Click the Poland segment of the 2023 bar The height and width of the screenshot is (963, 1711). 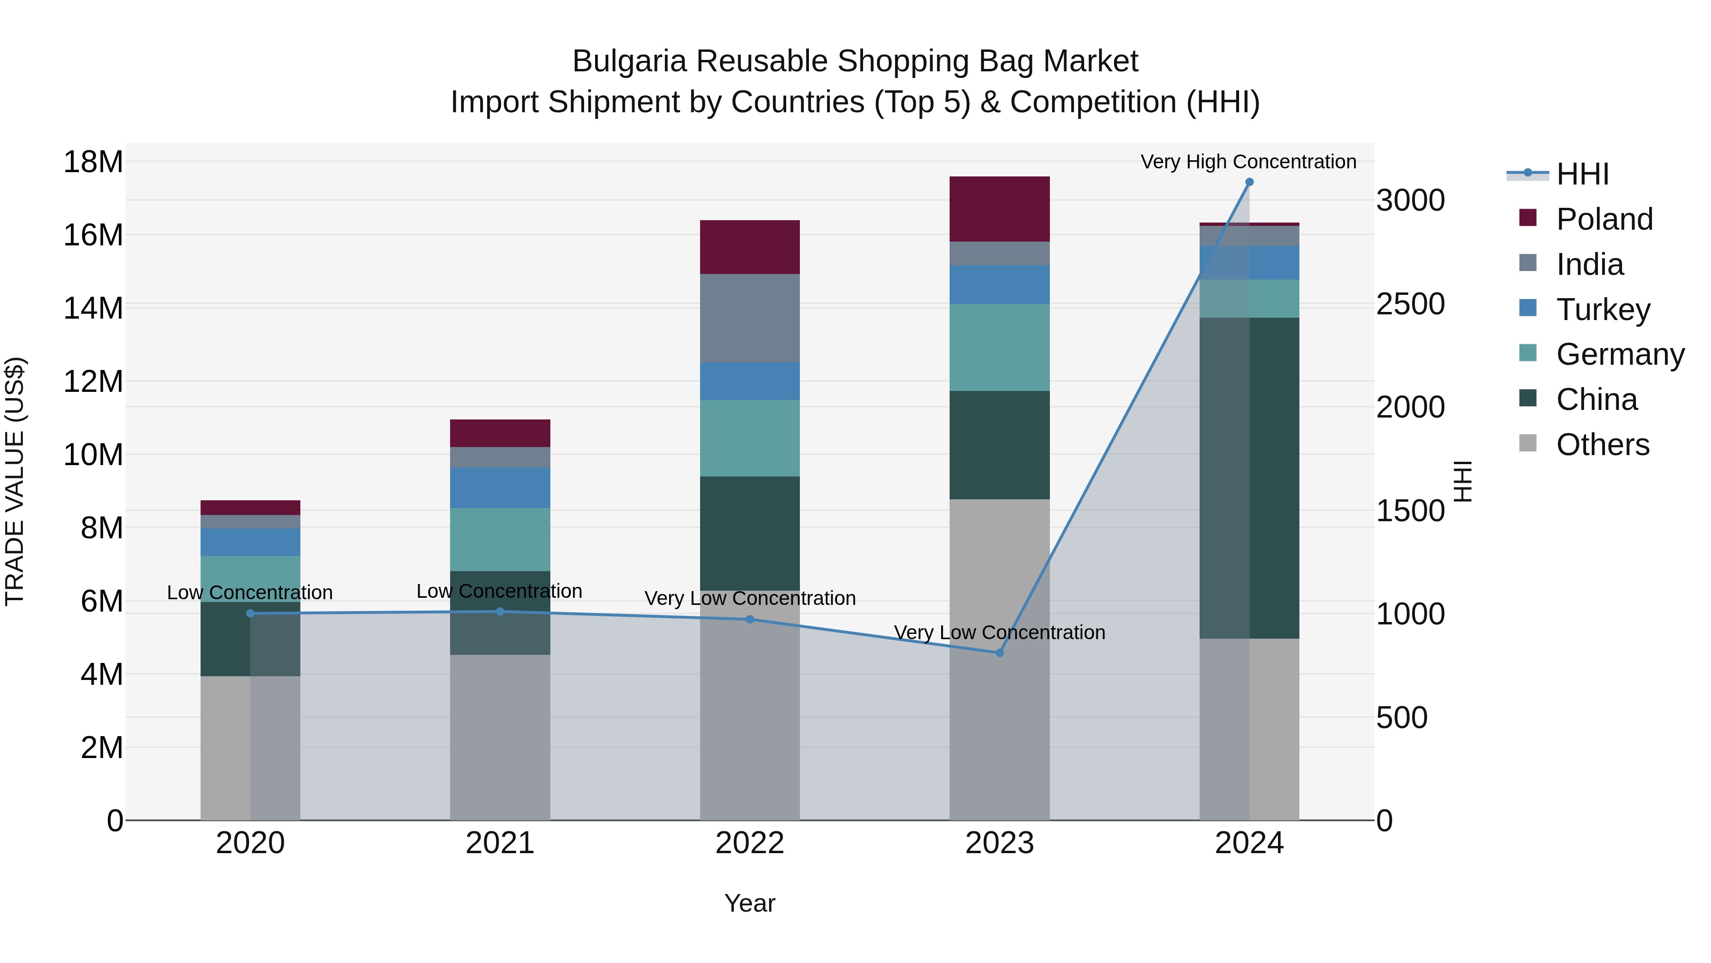[999, 209]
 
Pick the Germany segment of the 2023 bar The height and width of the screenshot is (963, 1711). [999, 347]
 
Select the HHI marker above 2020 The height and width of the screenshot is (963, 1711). [250, 613]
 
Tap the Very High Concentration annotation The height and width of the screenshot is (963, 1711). [1248, 162]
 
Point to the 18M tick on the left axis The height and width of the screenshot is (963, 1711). [93, 162]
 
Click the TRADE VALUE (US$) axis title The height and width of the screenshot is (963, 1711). [15, 481]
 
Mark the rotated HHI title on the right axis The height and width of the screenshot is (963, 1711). [1463, 481]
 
